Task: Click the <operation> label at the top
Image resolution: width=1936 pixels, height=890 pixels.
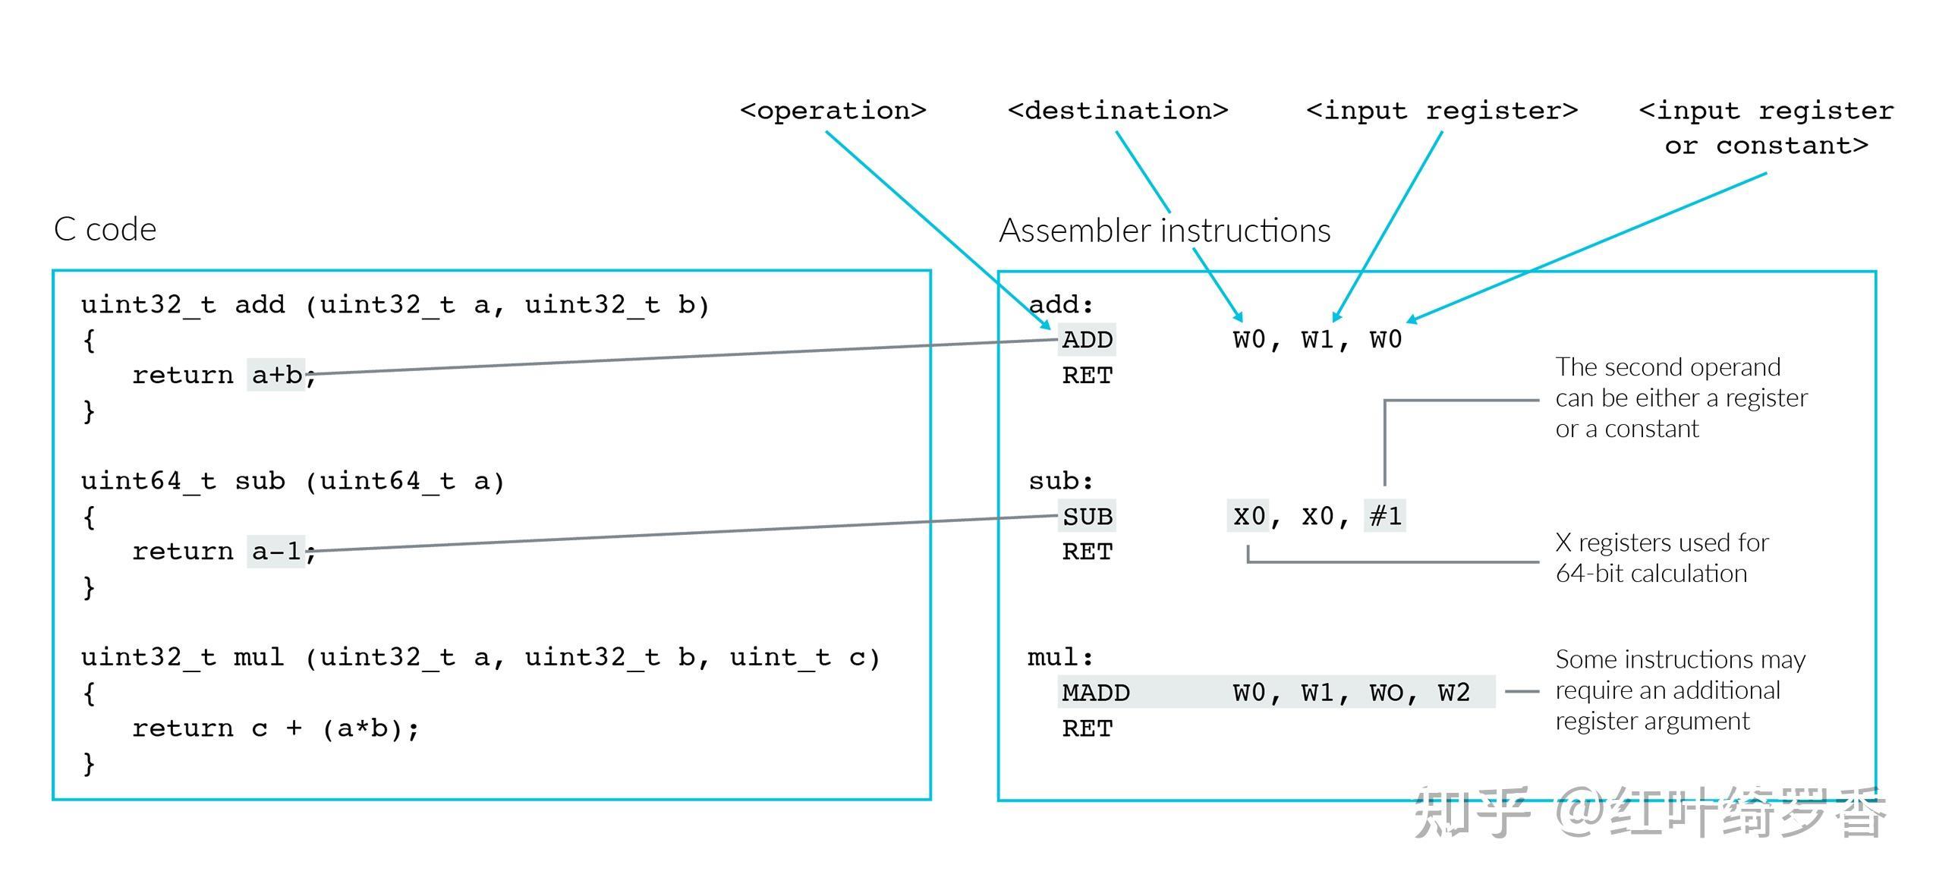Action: click(x=833, y=111)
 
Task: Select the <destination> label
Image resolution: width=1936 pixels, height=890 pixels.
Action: click(x=1117, y=111)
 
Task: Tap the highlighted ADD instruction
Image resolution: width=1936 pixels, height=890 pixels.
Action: click(x=1087, y=340)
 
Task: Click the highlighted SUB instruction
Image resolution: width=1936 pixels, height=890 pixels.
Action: click(x=1087, y=517)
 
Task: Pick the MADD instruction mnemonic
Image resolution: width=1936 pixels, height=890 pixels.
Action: click(x=1095, y=693)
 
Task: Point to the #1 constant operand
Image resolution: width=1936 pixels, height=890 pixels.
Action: click(x=1385, y=516)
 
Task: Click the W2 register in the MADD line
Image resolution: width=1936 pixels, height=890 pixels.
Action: click(x=1453, y=693)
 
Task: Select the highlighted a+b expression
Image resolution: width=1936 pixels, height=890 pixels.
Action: click(x=276, y=375)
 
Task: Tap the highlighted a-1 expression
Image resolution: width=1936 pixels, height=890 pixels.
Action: click(x=276, y=552)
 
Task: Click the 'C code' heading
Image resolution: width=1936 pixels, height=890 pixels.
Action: click(x=105, y=229)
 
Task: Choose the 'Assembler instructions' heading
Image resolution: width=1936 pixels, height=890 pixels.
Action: click(x=1164, y=231)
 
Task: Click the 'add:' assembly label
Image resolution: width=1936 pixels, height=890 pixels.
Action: click(x=1061, y=305)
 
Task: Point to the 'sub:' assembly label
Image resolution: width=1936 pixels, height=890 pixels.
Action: click(x=1061, y=481)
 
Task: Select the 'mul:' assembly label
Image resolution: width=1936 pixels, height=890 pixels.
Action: click(x=1060, y=657)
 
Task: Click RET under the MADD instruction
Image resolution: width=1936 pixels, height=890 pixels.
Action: click(x=1087, y=728)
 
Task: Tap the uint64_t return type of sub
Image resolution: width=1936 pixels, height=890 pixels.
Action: click(x=148, y=481)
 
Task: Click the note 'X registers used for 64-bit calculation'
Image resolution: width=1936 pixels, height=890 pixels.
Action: click(x=1661, y=558)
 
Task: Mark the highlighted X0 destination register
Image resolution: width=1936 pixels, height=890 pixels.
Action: click(x=1248, y=516)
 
